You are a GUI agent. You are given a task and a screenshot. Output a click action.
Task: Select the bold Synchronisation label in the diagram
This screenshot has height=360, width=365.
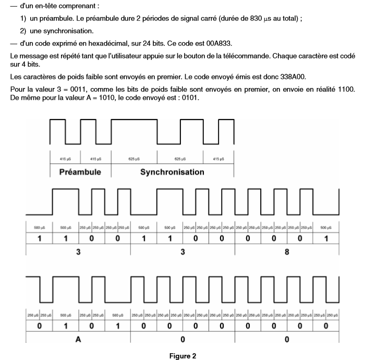coord(172,172)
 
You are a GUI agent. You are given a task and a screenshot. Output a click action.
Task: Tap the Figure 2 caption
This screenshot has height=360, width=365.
coord(182,356)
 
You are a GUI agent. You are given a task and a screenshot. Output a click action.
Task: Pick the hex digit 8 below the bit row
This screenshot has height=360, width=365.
coord(287,250)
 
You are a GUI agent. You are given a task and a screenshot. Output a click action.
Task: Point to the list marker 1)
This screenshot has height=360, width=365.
coord(25,19)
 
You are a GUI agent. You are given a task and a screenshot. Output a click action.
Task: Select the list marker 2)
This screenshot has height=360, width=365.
coord(25,31)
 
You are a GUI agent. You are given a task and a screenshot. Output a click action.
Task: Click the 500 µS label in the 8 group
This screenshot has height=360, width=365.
coord(326,227)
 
